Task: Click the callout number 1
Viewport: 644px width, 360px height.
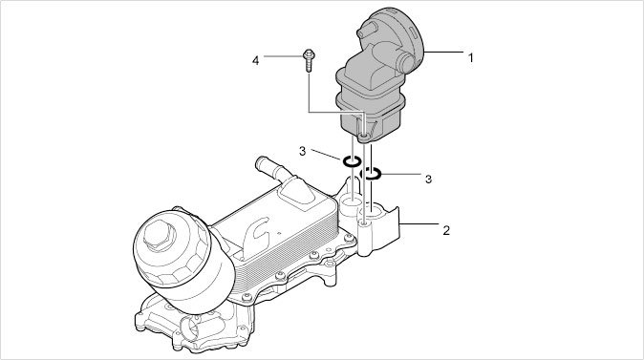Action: tap(471, 58)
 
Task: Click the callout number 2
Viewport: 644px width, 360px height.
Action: tap(446, 230)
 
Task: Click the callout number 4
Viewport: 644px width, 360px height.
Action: tap(255, 61)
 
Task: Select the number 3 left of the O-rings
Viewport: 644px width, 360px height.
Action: tap(303, 152)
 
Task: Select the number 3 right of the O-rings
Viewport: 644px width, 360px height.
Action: tap(428, 180)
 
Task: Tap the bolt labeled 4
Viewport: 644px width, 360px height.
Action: tap(309, 60)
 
